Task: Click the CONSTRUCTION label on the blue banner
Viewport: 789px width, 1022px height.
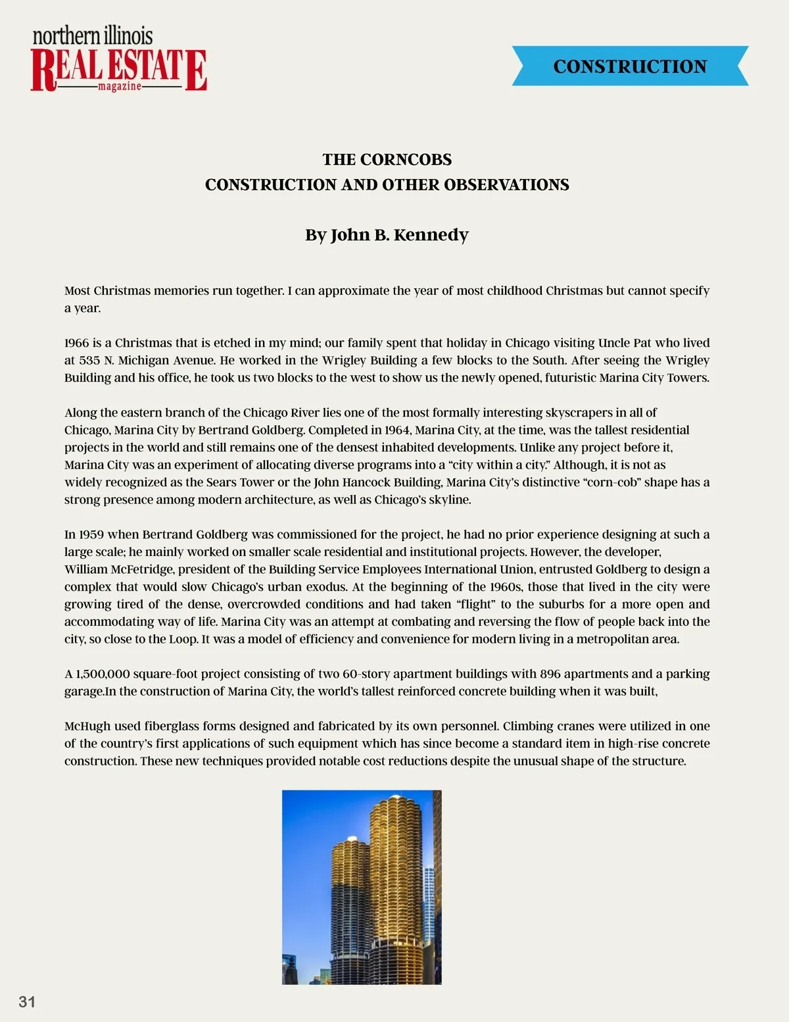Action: (x=630, y=66)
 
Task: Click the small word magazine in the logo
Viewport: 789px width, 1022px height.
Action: (x=119, y=87)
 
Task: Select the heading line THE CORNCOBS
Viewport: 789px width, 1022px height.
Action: (x=387, y=160)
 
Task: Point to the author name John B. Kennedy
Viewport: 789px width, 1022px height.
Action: (x=399, y=235)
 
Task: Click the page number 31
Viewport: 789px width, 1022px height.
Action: (x=27, y=1002)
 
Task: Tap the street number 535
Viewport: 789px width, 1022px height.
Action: (x=89, y=361)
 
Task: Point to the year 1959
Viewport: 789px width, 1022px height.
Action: (x=90, y=534)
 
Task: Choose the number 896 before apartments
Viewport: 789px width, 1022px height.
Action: (x=550, y=674)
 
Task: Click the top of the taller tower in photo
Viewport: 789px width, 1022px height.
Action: (x=395, y=800)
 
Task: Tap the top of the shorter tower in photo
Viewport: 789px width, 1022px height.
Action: (x=349, y=841)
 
